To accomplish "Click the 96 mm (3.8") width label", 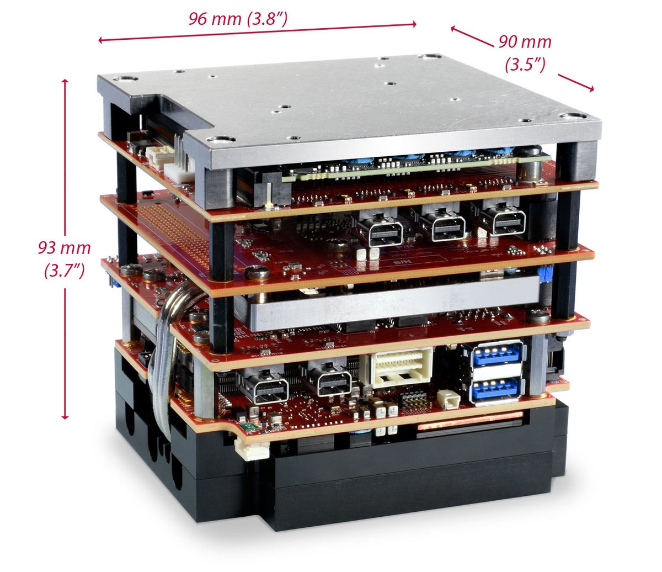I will pos(238,19).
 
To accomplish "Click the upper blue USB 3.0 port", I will pos(496,354).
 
